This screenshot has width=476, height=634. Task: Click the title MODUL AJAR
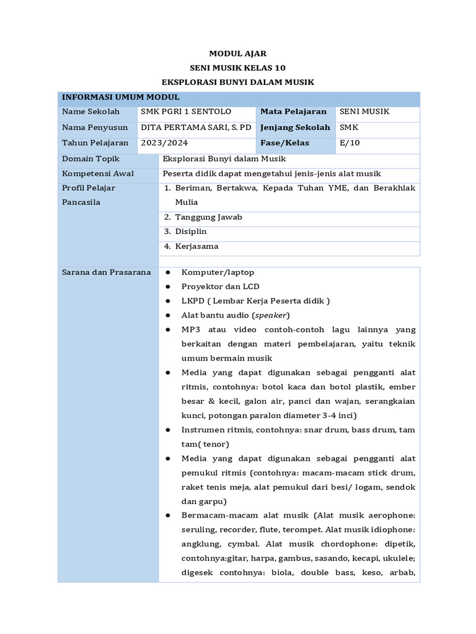[237, 54]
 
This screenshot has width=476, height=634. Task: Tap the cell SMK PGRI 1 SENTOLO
[187, 112]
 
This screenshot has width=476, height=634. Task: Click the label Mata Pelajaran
[293, 112]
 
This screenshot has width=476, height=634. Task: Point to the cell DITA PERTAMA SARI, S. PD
[196, 128]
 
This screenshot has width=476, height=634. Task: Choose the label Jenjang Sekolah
[295, 128]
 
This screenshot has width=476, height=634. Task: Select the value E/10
[350, 143]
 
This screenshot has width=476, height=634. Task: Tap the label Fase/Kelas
[284, 143]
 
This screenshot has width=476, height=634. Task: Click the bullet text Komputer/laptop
[218, 272]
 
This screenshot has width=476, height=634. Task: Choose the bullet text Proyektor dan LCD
[220, 287]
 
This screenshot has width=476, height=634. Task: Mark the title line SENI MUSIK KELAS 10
[237, 67]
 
